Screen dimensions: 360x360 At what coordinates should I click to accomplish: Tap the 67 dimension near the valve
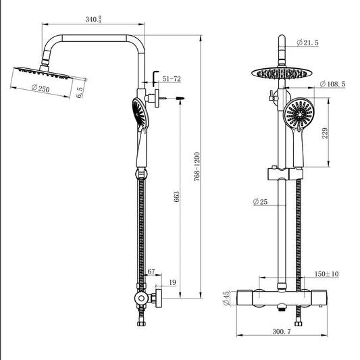(x=151, y=272)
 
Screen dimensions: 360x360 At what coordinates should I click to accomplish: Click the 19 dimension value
(x=172, y=282)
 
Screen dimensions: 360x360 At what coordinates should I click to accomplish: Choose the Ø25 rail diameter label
(x=261, y=202)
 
